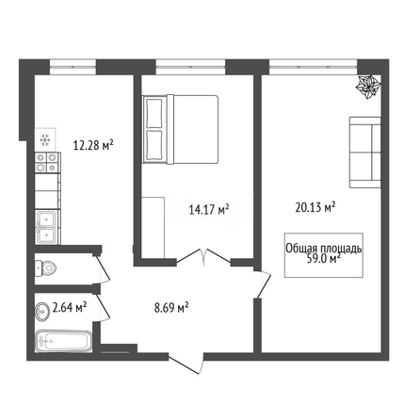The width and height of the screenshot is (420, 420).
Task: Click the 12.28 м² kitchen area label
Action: pyautogui.click(x=93, y=145)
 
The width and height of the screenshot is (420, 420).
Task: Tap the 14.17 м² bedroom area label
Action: pyautogui.click(x=209, y=209)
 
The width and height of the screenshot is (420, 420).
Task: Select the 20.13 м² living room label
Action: pyautogui.click(x=315, y=207)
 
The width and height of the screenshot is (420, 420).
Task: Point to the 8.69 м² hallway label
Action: pyautogui.click(x=171, y=308)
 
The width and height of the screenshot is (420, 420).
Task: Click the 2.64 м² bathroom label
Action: pyautogui.click(x=70, y=307)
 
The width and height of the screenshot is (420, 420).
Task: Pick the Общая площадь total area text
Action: pyautogui.click(x=324, y=249)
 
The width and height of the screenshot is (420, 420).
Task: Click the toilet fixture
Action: pyautogui.click(x=45, y=268)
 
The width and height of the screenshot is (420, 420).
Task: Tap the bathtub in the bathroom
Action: pyautogui.click(x=64, y=341)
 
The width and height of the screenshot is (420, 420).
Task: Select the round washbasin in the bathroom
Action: pyautogui.click(x=41, y=312)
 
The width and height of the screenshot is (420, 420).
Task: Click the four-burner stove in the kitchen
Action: pyautogui.click(x=47, y=163)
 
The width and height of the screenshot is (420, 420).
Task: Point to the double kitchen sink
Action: pyautogui.click(x=47, y=227)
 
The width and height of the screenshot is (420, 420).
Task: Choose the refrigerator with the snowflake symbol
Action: pyautogui.click(x=45, y=139)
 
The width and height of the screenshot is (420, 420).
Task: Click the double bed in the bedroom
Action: pyautogui.click(x=180, y=129)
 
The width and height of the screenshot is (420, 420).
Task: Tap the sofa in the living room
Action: pyautogui.click(x=365, y=153)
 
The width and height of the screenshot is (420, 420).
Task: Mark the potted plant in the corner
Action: pyautogui.click(x=368, y=87)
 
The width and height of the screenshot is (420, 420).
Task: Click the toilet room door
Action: pyautogui.click(x=102, y=268)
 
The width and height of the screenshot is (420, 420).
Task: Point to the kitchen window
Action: pyautogui.click(x=73, y=67)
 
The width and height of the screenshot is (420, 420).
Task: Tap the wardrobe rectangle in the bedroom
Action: pyautogui.click(x=153, y=228)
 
